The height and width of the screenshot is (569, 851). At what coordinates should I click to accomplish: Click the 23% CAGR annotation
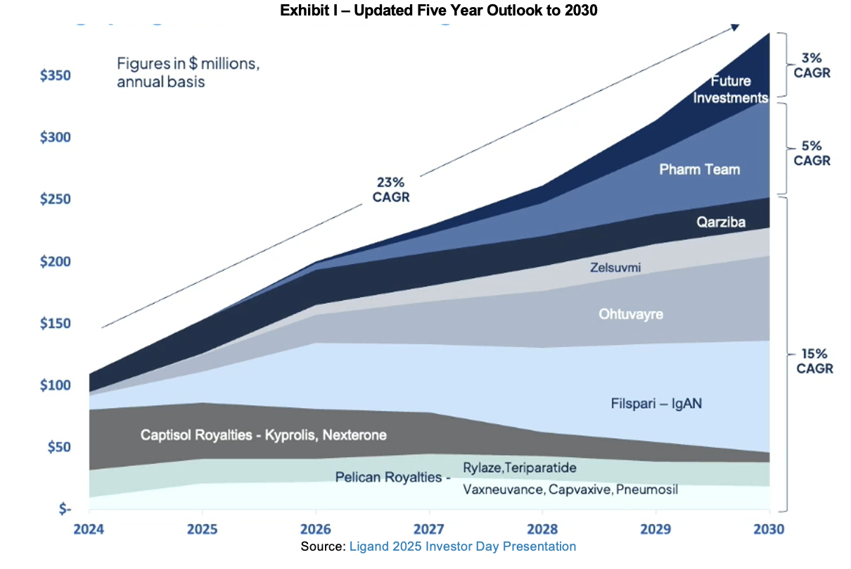pos(390,189)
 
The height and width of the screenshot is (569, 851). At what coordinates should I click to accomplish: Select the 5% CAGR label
pos(812,153)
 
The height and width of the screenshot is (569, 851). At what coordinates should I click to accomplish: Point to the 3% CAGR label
pos(812,65)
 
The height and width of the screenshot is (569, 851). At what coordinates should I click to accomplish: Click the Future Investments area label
pos(730,89)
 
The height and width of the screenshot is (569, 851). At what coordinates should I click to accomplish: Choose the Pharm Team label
pos(699,169)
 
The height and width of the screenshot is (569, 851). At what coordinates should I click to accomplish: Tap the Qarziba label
pos(721,223)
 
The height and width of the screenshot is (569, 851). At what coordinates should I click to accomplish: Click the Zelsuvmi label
pos(615,267)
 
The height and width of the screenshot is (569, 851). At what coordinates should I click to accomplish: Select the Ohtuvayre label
pos(630,314)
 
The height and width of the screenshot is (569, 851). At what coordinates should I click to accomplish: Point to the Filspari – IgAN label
pos(656,404)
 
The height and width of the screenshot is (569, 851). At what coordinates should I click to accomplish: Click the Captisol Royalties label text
pos(263,435)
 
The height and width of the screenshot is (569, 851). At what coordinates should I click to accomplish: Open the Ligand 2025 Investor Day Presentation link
pos(462,546)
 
